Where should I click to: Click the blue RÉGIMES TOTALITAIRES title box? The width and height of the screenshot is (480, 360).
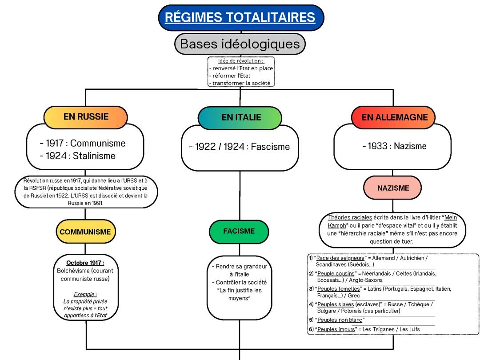click(240, 18)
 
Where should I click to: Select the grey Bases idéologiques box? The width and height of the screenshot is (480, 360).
click(240, 44)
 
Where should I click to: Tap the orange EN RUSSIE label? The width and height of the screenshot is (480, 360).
click(86, 117)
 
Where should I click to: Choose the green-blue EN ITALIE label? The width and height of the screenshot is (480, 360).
click(240, 118)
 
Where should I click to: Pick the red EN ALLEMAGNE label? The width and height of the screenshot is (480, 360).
click(394, 117)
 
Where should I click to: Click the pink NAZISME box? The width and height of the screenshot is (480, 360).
click(393, 188)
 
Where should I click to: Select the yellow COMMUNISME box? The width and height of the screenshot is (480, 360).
click(85, 232)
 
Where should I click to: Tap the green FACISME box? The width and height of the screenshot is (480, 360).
click(239, 231)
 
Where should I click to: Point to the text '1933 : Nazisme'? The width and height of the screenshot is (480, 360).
click(394, 146)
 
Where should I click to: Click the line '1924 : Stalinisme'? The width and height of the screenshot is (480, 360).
click(77, 156)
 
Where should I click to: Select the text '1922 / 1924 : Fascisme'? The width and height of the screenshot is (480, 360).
click(239, 147)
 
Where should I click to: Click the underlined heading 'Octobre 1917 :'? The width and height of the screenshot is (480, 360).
click(85, 263)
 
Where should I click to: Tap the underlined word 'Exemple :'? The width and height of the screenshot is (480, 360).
click(85, 294)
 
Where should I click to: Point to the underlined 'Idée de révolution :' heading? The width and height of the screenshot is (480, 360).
click(241, 61)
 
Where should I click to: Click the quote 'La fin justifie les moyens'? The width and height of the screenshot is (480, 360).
click(240, 294)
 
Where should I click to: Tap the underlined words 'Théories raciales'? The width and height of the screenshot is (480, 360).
click(347, 217)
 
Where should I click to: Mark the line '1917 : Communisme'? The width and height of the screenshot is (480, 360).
click(83, 144)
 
